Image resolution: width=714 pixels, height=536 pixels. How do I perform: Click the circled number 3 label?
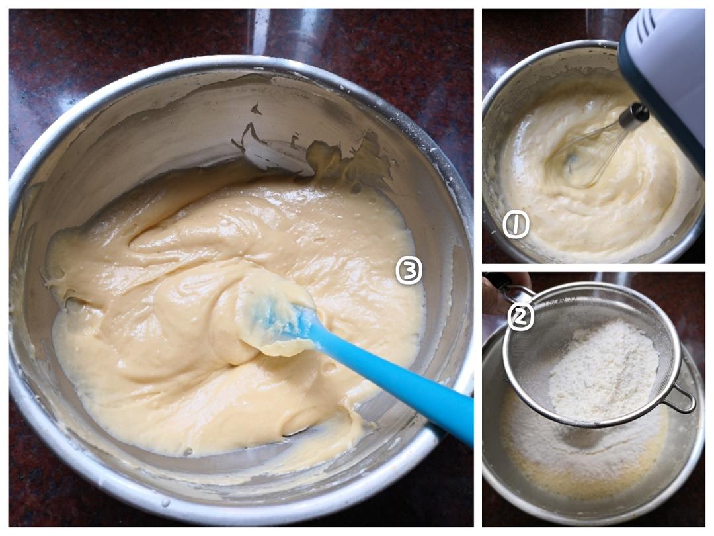click(409, 271)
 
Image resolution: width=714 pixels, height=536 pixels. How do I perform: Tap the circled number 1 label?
click(516, 224)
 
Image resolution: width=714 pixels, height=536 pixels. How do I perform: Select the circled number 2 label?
click(520, 317)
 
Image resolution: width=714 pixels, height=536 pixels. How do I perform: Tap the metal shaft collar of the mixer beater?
click(633, 114)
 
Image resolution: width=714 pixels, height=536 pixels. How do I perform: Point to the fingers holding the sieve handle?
click(501, 292)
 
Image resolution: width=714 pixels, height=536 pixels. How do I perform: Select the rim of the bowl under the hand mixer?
click(547, 50)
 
